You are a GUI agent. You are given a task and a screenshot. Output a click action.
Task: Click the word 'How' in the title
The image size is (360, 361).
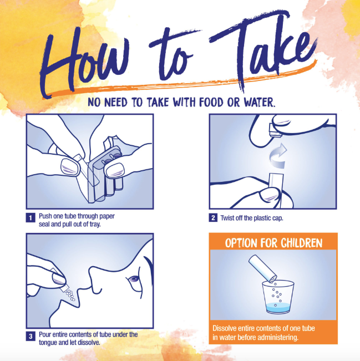pos(85,62)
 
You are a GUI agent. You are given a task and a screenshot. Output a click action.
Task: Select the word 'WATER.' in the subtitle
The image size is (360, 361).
pos(260,102)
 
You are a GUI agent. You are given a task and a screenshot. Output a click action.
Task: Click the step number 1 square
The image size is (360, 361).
pos(31,217)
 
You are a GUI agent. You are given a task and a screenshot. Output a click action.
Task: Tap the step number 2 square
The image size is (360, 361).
pos(214,217)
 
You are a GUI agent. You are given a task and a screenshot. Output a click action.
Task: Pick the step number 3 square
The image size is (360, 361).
pos(31,337)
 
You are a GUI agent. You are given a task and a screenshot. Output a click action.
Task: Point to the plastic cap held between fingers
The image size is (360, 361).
pos(275,130)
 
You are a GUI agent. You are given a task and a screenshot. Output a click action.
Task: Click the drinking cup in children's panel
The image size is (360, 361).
pos(278,297)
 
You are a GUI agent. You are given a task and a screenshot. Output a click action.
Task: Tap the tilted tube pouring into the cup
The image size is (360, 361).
pos(262,268)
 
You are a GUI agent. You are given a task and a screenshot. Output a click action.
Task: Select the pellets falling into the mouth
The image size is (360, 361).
pos(70,295)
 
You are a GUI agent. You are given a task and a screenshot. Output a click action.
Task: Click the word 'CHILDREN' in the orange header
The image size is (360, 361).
pos(302,243)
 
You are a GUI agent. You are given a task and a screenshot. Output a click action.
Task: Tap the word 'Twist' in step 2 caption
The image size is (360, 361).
pos(227,218)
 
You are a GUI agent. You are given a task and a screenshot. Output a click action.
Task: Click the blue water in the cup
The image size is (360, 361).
pos(278,307)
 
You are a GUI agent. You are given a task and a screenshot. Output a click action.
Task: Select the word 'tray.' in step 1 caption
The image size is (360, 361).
pos(95,225)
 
